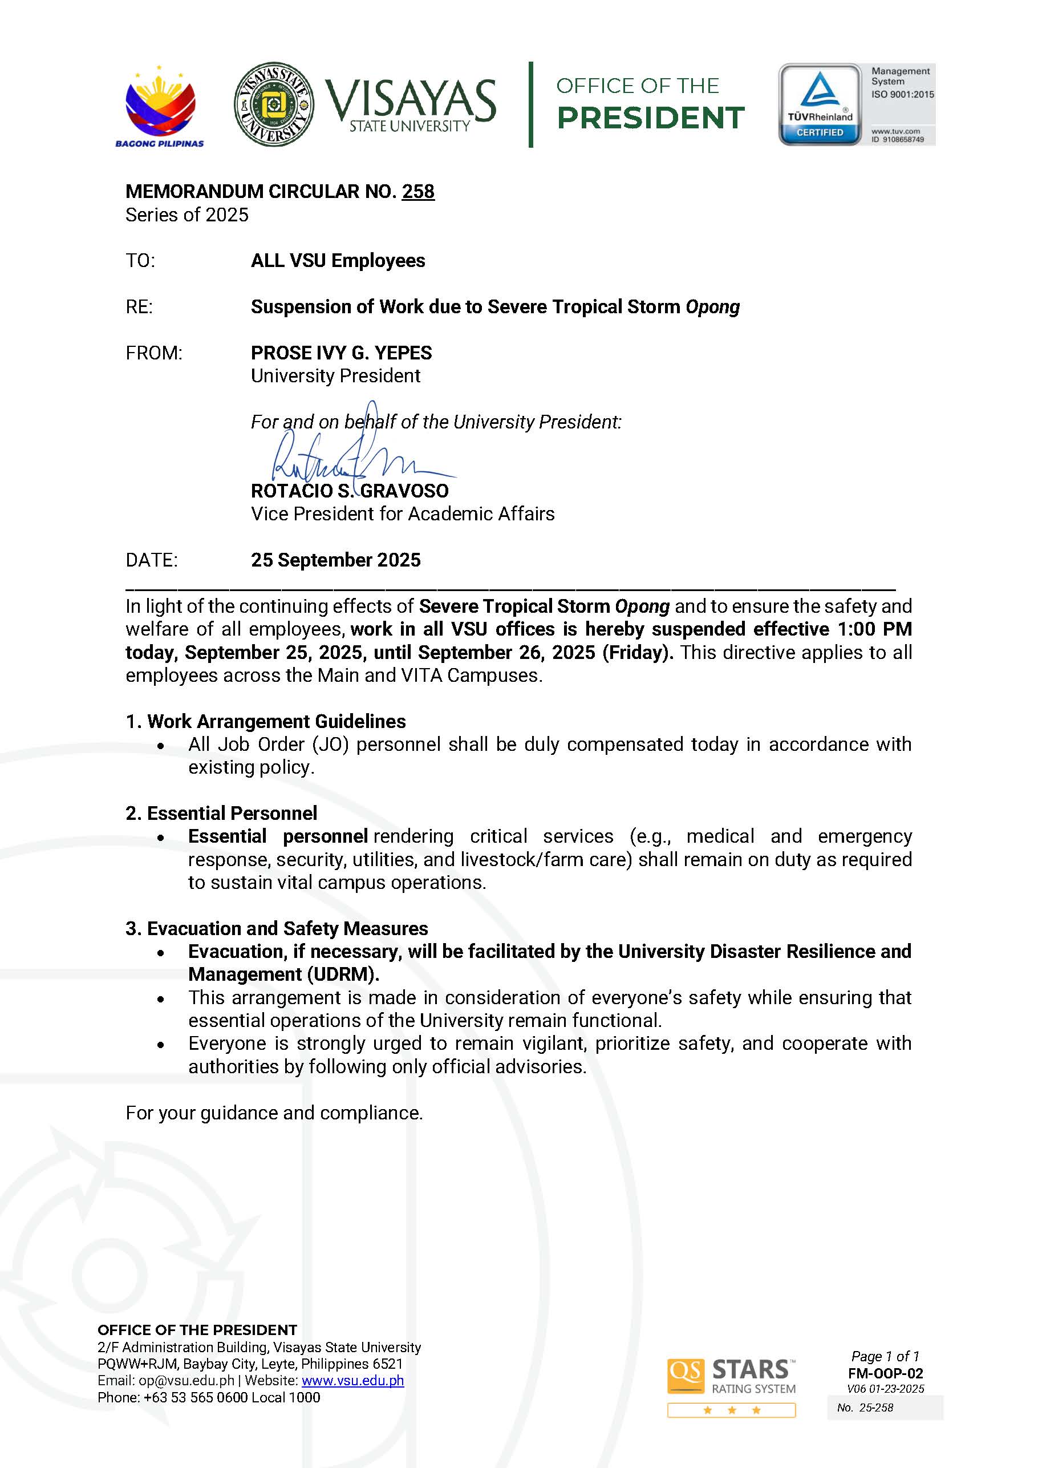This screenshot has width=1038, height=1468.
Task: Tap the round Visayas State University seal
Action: pyautogui.click(x=274, y=104)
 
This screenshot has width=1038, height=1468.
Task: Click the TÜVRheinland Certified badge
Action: pyautogui.click(x=820, y=104)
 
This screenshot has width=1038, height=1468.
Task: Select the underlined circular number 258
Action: pyautogui.click(x=418, y=191)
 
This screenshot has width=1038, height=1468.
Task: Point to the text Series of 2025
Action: pyautogui.click(x=186, y=215)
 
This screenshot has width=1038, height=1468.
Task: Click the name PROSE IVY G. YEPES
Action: pyautogui.click(x=340, y=353)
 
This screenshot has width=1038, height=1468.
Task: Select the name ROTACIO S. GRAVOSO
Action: pyautogui.click(x=350, y=491)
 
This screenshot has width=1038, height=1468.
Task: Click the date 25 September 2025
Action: pyautogui.click(x=335, y=560)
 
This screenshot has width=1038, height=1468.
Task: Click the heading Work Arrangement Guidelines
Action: pyautogui.click(x=276, y=721)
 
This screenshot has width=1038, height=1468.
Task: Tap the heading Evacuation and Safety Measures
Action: pyautogui.click(x=287, y=928)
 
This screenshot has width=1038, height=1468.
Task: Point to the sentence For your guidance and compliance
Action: pyautogui.click(x=274, y=1113)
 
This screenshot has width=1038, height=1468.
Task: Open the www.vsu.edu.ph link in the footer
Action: pyautogui.click(x=353, y=1380)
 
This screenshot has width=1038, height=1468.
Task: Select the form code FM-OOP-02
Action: pyautogui.click(x=885, y=1373)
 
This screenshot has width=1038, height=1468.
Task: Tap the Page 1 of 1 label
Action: pyautogui.click(x=885, y=1356)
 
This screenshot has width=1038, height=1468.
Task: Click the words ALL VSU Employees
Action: pyautogui.click(x=338, y=261)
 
